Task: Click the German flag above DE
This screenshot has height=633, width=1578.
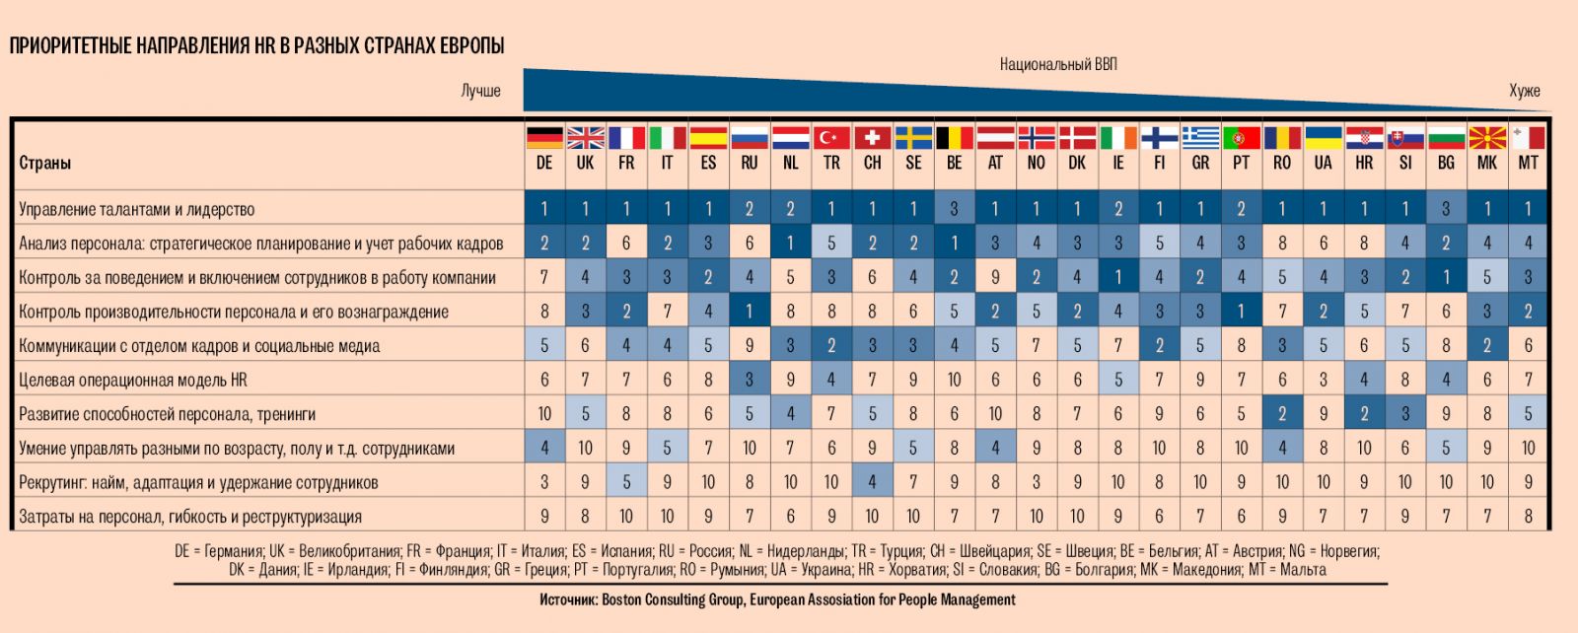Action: pyautogui.click(x=544, y=137)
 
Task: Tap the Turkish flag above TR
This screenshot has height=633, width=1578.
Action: pyautogui.click(x=831, y=137)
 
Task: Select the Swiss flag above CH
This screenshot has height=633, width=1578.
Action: pyautogui.click(x=873, y=137)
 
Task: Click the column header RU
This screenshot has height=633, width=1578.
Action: pyautogui.click(x=750, y=163)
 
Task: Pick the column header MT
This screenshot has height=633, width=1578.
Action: pyautogui.click(x=1528, y=163)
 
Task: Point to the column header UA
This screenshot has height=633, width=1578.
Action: pyautogui.click(x=1323, y=163)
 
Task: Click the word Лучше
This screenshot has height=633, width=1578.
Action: pyautogui.click(x=480, y=91)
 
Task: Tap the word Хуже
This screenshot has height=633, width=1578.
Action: pyautogui.click(x=1524, y=91)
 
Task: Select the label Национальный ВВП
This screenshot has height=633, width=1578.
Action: pyautogui.click(x=1058, y=64)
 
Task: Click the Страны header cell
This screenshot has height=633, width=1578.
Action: pyautogui.click(x=45, y=163)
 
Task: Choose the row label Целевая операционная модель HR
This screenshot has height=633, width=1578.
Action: pyautogui.click(x=133, y=380)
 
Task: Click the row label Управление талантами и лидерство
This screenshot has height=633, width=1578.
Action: pyautogui.click(x=136, y=209)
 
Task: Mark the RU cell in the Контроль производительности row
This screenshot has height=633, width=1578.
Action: pyautogui.click(x=750, y=312)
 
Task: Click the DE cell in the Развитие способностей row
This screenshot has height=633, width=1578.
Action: pyautogui.click(x=544, y=414)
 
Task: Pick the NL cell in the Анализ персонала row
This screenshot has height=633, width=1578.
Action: pyautogui.click(x=790, y=244)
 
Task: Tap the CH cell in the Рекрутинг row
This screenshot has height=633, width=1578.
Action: pyautogui.click(x=873, y=482)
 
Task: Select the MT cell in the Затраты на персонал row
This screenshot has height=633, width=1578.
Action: pyautogui.click(x=1528, y=516)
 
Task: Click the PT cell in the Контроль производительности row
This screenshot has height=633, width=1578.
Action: pyautogui.click(x=1241, y=312)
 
